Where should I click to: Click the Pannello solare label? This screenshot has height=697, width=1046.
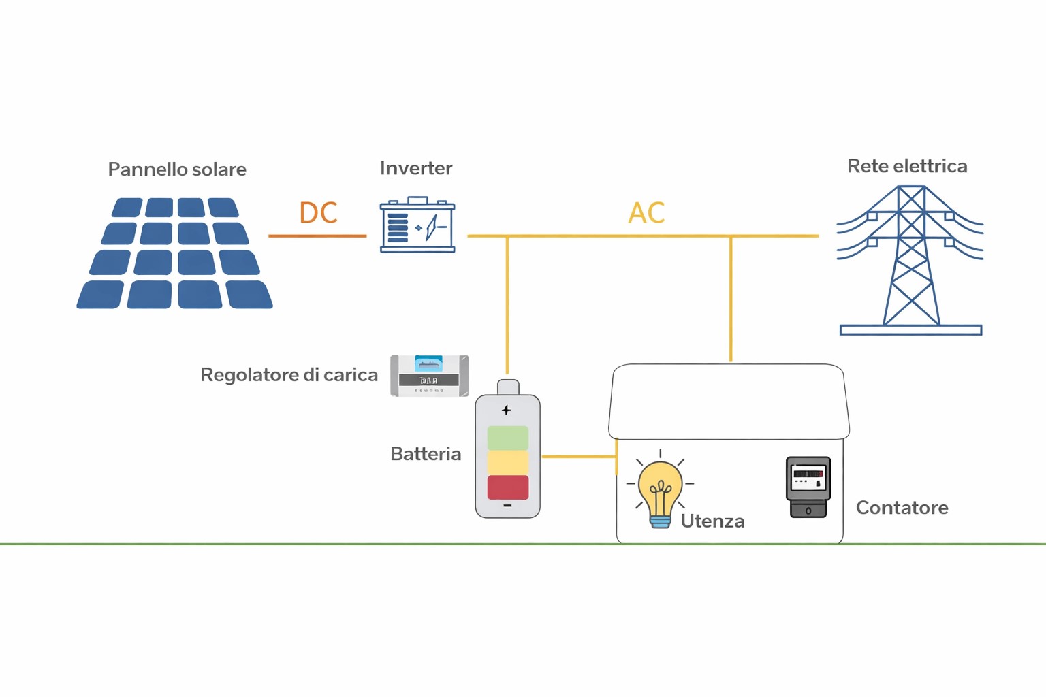point(177,169)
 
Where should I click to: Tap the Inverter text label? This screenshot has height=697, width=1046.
point(415,168)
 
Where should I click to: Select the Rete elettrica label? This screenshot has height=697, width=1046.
point(906,166)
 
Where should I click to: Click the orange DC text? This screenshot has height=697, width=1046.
point(318,213)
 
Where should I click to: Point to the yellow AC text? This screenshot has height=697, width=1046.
point(646,213)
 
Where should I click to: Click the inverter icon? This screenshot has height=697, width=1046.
point(417,225)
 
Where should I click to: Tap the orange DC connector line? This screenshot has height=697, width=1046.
point(317,236)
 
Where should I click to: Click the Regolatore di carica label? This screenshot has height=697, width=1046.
point(289,375)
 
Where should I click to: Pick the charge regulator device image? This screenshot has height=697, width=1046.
point(429,375)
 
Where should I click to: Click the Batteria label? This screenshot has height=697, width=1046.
point(426,454)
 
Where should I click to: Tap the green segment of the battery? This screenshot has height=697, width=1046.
point(507,438)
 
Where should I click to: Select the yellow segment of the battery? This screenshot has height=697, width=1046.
point(507,463)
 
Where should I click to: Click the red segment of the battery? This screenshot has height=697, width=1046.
point(507,487)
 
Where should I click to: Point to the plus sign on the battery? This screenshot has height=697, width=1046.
point(506,410)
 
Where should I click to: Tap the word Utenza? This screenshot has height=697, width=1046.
point(712,521)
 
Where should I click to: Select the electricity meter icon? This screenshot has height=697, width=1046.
point(808,487)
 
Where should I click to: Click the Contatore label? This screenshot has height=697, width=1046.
point(902,508)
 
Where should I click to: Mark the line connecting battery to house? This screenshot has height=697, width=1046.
point(579,456)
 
